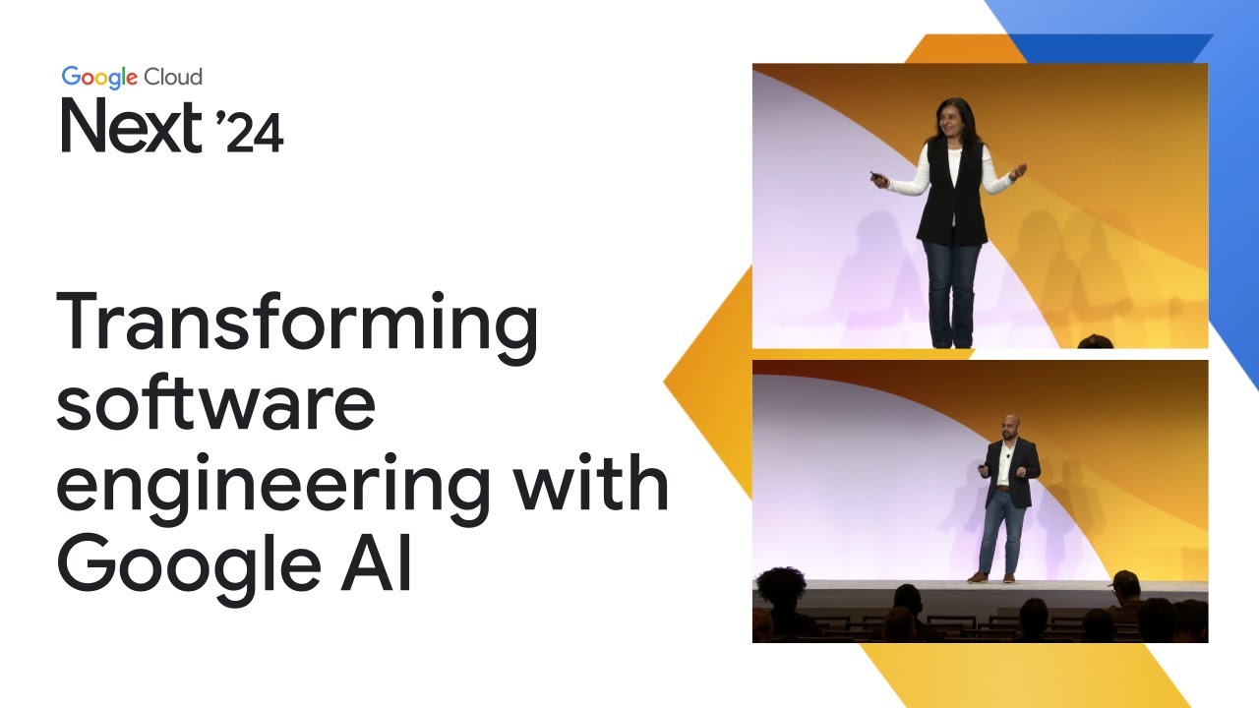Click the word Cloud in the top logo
[173, 77]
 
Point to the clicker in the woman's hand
[874, 176]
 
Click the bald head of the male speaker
[1008, 425]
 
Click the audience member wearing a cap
[1125, 588]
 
